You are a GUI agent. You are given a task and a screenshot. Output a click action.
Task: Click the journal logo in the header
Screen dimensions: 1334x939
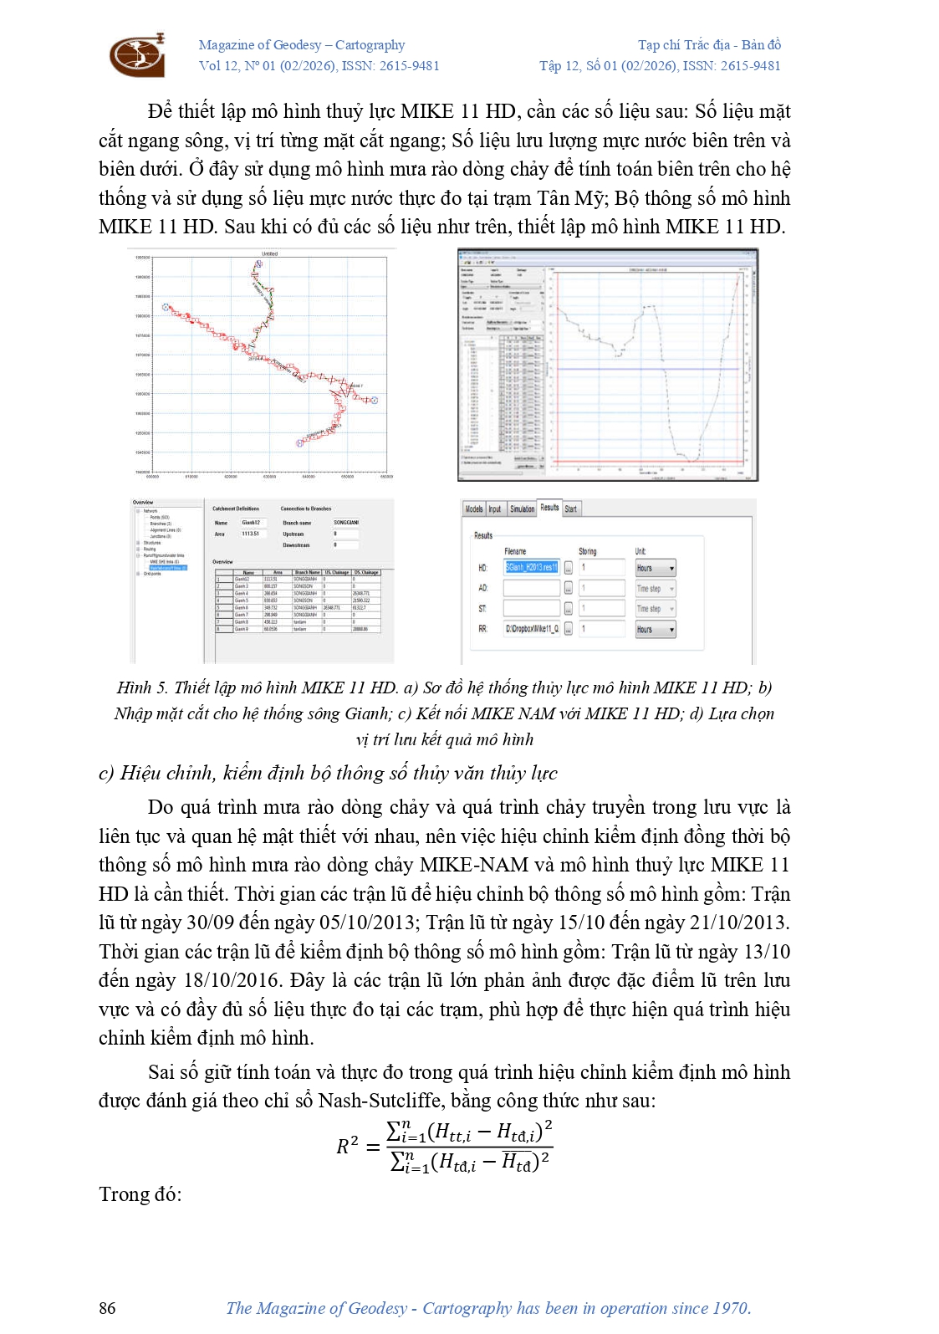click(137, 55)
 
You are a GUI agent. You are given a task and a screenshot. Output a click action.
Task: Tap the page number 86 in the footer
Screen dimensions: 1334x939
click(107, 1308)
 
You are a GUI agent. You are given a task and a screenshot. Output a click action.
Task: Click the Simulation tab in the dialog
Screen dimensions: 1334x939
click(522, 509)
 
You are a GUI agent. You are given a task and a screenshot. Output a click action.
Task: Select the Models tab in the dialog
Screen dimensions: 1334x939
click(474, 509)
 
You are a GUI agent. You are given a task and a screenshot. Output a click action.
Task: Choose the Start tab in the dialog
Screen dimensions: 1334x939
click(570, 509)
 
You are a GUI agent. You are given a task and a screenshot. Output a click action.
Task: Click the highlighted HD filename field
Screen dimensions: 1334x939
click(531, 567)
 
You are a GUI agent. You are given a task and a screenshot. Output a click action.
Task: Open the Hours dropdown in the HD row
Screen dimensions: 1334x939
click(655, 568)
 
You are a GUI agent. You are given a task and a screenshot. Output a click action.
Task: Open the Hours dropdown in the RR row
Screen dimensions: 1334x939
click(655, 629)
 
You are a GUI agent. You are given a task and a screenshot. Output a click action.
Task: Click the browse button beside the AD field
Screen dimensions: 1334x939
click(569, 588)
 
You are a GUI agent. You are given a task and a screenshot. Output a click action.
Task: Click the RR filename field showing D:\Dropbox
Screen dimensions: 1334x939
click(531, 629)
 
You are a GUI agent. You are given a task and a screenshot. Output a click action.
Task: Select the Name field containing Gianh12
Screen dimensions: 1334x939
click(251, 523)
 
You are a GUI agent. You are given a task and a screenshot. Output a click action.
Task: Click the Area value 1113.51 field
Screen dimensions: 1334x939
click(251, 534)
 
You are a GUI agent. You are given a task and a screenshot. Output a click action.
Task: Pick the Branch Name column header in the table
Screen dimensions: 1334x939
click(307, 573)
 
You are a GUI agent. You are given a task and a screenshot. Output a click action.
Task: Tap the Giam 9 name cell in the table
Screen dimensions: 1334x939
click(242, 629)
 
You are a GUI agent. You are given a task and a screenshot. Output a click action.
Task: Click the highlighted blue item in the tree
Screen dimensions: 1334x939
click(168, 568)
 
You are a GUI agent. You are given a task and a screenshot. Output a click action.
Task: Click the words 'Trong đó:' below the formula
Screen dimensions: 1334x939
click(140, 1193)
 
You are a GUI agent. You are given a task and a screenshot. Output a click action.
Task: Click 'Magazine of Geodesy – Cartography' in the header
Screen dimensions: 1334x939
click(302, 45)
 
